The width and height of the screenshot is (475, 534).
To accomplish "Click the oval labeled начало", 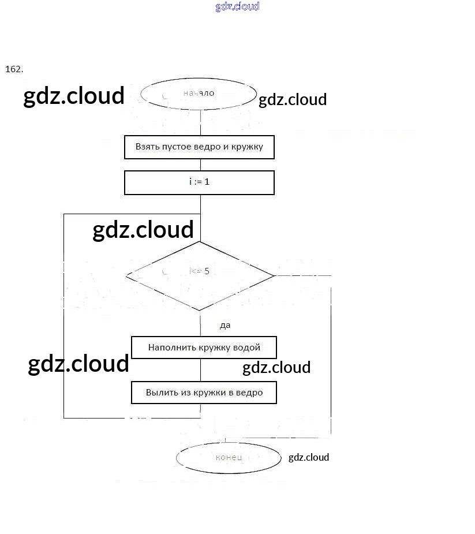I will pyautogui.click(x=199, y=94).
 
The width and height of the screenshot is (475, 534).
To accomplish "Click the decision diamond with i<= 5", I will pyautogui.click(x=200, y=275).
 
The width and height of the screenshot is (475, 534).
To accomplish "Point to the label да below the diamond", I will pyautogui.click(x=225, y=325).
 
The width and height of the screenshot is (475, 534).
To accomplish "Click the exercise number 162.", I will pyautogui.click(x=14, y=69).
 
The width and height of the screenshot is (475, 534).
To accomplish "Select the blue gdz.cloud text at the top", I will pyautogui.click(x=237, y=6).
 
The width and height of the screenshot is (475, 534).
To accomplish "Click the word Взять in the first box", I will pyautogui.click(x=147, y=147).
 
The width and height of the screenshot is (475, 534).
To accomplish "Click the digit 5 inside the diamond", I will pyautogui.click(x=207, y=271).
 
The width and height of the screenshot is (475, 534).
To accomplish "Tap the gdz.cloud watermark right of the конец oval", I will pyautogui.click(x=309, y=457).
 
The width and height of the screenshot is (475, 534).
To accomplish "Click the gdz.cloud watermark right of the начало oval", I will pyautogui.click(x=293, y=99).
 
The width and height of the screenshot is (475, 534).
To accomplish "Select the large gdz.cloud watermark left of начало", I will pyautogui.click(x=74, y=96).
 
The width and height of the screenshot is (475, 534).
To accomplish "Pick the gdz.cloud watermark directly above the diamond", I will pyautogui.click(x=143, y=229).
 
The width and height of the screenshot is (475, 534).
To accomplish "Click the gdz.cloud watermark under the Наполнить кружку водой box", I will pyautogui.click(x=276, y=367).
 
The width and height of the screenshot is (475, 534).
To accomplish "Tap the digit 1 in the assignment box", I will pyautogui.click(x=207, y=181).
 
